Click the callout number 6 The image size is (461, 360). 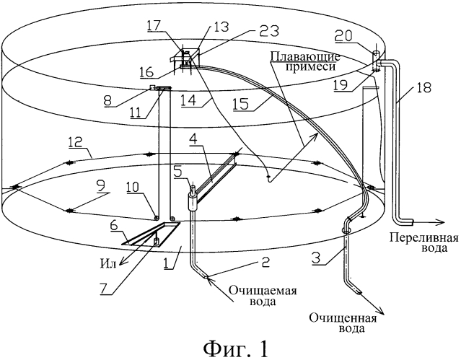[115, 227]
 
